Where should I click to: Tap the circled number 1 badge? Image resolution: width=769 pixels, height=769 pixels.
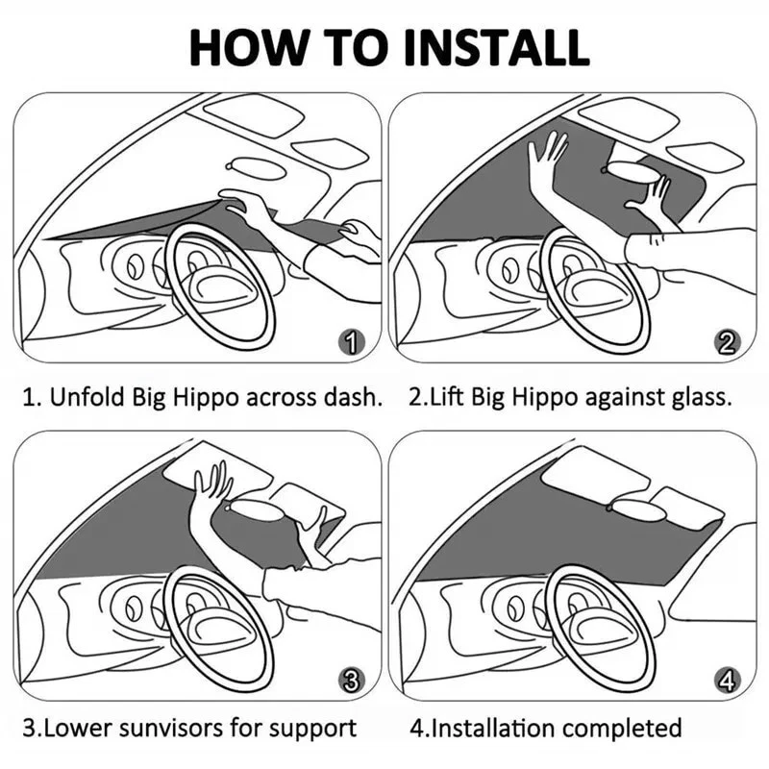[x=353, y=340]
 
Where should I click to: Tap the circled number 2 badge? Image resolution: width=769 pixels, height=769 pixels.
[x=727, y=340]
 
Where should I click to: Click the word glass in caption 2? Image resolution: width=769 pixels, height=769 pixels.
[x=705, y=397]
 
